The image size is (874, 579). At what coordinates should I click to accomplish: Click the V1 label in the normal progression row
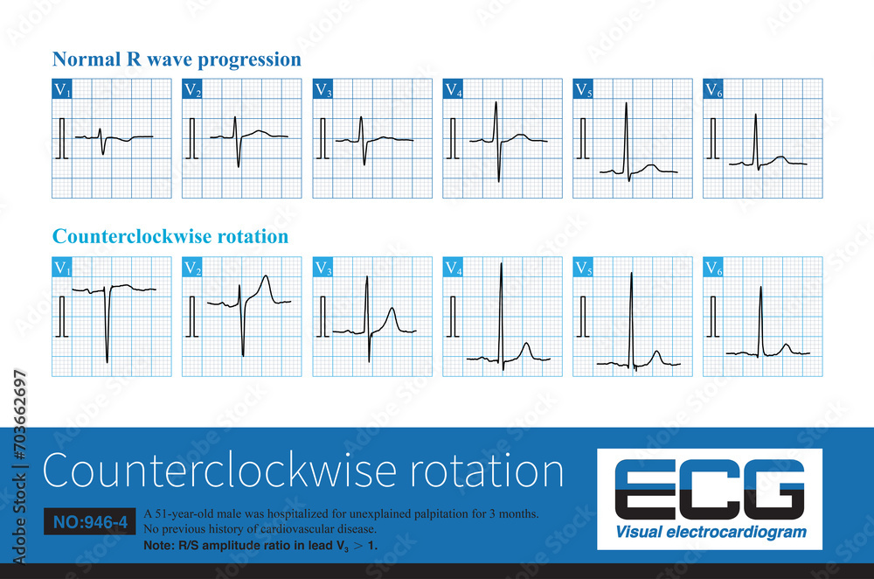pyautogui.click(x=62, y=88)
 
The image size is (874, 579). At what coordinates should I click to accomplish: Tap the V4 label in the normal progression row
pyautogui.click(x=453, y=88)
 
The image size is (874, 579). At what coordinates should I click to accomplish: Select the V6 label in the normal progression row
pyautogui.click(x=713, y=88)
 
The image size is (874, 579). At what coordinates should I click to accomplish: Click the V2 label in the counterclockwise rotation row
pyautogui.click(x=192, y=268)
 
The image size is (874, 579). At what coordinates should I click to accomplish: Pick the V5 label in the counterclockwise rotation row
pyautogui.click(x=583, y=268)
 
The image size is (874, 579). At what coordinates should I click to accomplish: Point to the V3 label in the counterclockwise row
pyautogui.click(x=323, y=268)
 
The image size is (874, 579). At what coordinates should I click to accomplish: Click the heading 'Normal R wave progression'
pyautogui.click(x=177, y=59)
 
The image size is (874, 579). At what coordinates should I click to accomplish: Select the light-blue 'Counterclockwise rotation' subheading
pyautogui.click(x=170, y=237)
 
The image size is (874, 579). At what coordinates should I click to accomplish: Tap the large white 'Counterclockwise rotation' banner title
pyautogui.click(x=302, y=471)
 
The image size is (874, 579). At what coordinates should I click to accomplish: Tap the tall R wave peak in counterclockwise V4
pyautogui.click(x=501, y=263)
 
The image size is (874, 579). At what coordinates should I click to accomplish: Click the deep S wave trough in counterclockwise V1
pyautogui.click(x=108, y=361)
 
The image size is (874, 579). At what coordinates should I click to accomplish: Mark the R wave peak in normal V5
pyautogui.click(x=626, y=103)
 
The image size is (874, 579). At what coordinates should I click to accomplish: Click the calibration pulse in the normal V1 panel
pyautogui.click(x=61, y=138)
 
